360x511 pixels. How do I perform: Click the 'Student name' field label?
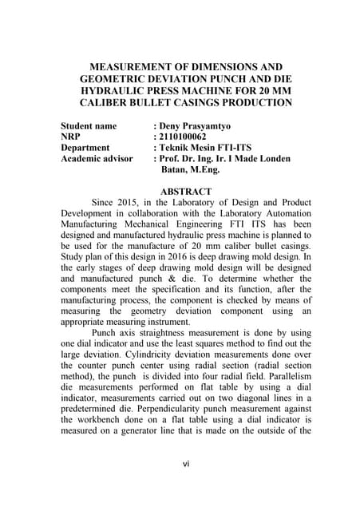coord(89,126)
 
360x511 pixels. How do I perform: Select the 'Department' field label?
coord(85,148)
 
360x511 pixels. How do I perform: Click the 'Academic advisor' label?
coord(97,159)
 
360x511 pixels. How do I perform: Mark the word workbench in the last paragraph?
coord(100,437)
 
